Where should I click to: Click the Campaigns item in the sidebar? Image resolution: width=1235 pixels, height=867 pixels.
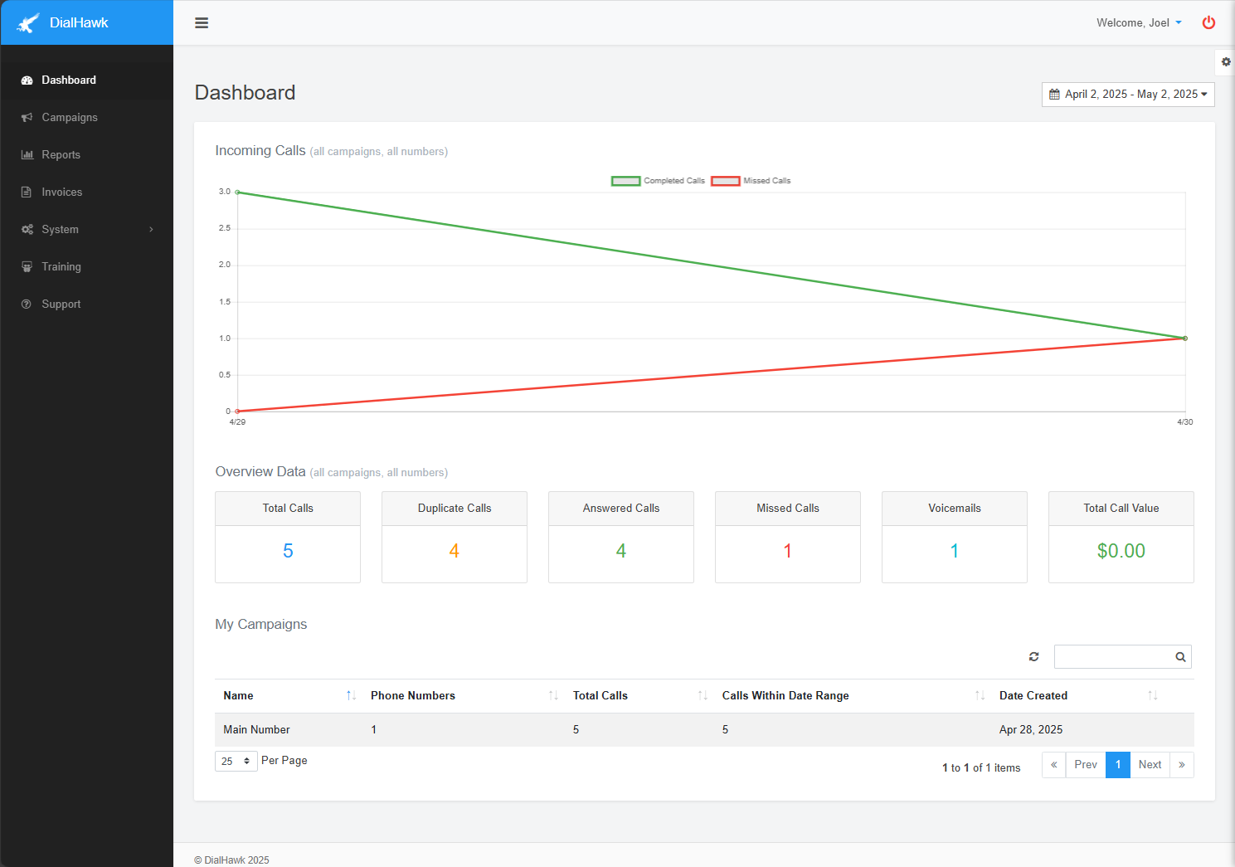click(x=70, y=118)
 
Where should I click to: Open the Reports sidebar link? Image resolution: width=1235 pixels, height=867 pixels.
click(x=61, y=155)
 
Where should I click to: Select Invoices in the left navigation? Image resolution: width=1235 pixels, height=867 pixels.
click(x=61, y=192)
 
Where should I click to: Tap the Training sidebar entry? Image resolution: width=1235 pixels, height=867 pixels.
click(x=61, y=267)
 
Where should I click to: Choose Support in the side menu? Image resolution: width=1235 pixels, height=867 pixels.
click(x=61, y=304)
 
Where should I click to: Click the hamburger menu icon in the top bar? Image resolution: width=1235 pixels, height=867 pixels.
click(x=202, y=23)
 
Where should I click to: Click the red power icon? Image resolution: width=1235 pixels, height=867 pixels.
click(x=1208, y=23)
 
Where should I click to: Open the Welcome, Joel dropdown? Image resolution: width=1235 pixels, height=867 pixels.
click(x=1138, y=23)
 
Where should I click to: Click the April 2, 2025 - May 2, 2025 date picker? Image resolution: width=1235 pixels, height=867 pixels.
click(x=1127, y=95)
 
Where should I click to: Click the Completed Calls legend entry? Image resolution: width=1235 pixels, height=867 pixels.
click(x=659, y=181)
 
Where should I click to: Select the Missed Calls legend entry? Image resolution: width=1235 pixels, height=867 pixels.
click(x=751, y=181)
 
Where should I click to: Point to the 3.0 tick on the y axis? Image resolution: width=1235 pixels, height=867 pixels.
click(x=225, y=192)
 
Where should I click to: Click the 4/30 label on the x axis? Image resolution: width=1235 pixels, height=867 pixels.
click(x=1184, y=422)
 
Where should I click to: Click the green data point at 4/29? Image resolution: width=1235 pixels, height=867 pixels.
click(x=238, y=192)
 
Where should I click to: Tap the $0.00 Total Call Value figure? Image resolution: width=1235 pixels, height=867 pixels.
click(x=1121, y=551)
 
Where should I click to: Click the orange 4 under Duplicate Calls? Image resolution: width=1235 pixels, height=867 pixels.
click(x=455, y=551)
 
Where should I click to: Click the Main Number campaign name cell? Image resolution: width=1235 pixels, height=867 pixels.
click(x=256, y=730)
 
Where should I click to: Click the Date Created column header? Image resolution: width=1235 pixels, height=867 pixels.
click(x=1033, y=696)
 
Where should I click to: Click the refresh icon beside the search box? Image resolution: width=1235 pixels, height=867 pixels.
click(x=1033, y=657)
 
